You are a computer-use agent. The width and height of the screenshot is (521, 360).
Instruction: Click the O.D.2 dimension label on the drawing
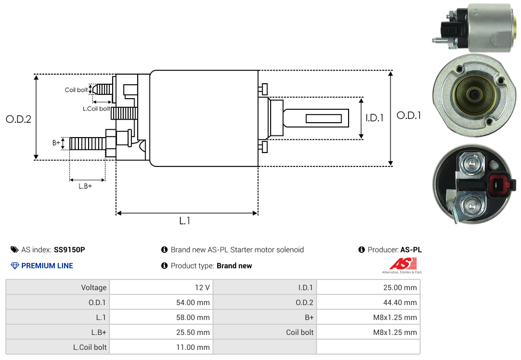(x=19, y=119)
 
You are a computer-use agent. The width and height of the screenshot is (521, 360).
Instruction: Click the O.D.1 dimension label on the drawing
(x=408, y=115)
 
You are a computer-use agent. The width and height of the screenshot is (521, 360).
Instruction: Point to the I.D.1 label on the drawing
(x=374, y=118)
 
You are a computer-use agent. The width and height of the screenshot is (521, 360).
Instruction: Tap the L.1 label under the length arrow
(x=185, y=220)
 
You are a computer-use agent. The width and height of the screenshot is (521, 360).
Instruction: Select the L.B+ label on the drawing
(x=85, y=186)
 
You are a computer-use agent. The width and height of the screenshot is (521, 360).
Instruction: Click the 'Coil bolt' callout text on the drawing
(x=76, y=90)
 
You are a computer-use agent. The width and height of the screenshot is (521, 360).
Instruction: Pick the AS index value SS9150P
(x=69, y=250)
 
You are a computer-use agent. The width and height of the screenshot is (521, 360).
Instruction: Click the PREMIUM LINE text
(x=47, y=266)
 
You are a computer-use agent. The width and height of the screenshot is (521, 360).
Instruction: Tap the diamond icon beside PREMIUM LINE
(x=14, y=266)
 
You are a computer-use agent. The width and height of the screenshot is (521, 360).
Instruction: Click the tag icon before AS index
(x=14, y=250)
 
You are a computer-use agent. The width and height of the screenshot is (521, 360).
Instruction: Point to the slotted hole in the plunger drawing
(x=324, y=117)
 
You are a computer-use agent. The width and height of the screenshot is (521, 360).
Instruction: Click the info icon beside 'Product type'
(x=164, y=266)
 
